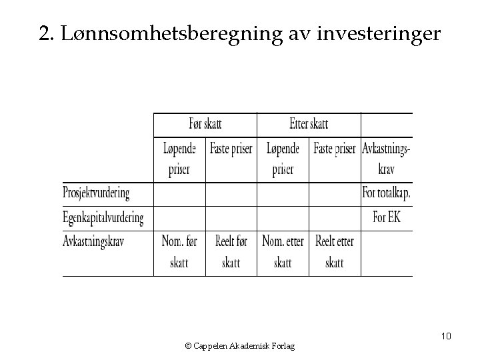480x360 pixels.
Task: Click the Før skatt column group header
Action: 205,124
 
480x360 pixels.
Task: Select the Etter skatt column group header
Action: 309,124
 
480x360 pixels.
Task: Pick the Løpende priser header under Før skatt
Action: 179,159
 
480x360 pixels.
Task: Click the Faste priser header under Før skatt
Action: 231,149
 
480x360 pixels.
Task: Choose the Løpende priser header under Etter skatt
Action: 283,159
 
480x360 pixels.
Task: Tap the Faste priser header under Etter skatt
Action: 335,149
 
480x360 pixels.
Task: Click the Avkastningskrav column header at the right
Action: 387,159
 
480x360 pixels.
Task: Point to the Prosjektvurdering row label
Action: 96,194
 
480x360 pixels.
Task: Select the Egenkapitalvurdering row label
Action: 103,217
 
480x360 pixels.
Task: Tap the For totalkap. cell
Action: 387,194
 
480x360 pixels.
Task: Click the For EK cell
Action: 387,217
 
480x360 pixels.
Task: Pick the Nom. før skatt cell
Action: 179,251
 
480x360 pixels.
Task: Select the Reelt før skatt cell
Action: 231,251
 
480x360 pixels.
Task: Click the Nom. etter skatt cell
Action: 283,251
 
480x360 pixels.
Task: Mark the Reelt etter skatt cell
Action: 335,251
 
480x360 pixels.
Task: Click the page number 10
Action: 446,336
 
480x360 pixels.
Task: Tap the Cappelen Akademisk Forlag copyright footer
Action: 241,345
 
